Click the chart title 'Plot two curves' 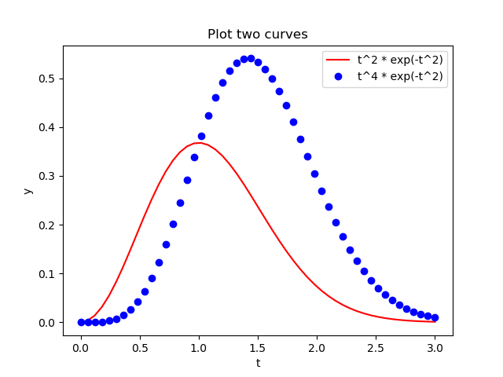coord(257,35)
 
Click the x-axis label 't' coord(258,363)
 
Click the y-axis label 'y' coord(28,190)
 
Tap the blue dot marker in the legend coord(340,76)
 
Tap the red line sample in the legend coord(340,60)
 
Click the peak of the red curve coord(199,143)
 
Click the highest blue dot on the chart coord(251,58)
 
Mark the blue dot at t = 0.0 coord(81,322)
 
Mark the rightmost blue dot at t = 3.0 coord(435,317)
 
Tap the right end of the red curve coord(435,322)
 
